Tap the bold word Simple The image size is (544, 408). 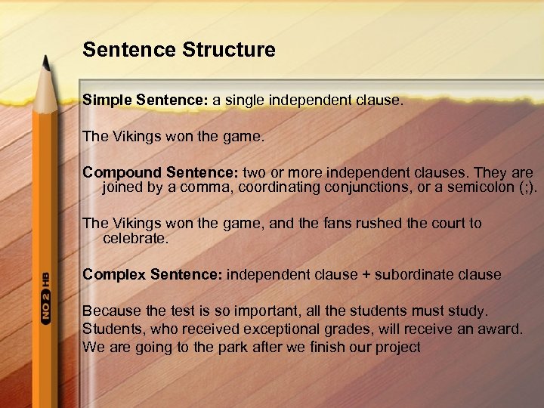click(x=107, y=100)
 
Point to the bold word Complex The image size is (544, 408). click(x=113, y=274)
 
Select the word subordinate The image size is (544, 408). click(x=419, y=274)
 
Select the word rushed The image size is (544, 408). click(x=382, y=223)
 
